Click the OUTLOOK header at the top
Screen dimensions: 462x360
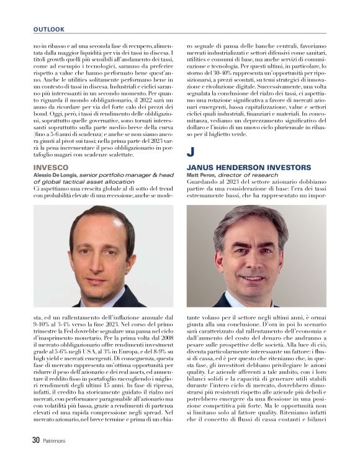pos(49,29)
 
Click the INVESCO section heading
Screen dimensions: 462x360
pos(50,168)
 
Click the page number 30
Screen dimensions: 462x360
pos(36,440)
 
